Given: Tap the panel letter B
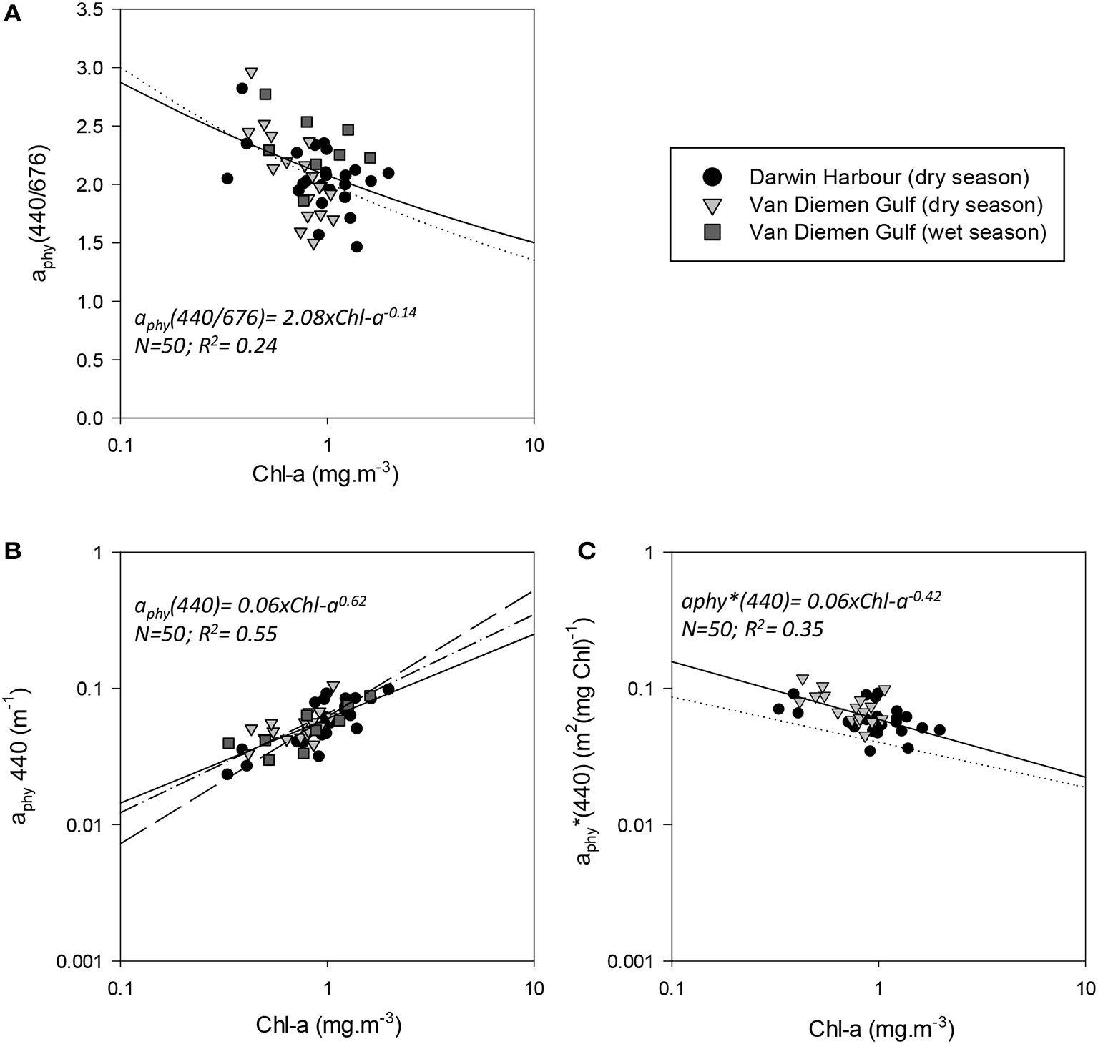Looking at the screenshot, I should click(x=13, y=551).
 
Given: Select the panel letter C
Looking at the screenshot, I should click(x=587, y=551).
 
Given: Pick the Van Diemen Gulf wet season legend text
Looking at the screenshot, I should click(x=897, y=232).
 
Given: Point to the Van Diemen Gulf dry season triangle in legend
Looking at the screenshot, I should click(x=712, y=206).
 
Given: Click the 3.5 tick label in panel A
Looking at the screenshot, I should click(x=89, y=9).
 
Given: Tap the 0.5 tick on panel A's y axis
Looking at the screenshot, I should click(x=89, y=360).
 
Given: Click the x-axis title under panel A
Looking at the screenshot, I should click(x=325, y=474).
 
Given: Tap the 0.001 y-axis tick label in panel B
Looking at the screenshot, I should click(x=81, y=960).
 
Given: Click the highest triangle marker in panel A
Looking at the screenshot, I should click(x=251, y=73).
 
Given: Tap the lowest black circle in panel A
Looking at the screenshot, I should click(x=356, y=247).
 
